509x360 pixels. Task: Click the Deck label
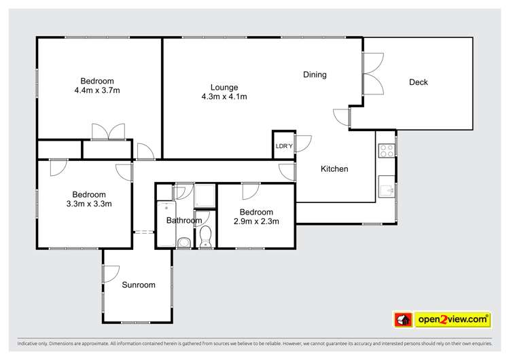tap(418, 82)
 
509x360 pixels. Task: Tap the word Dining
tap(315, 75)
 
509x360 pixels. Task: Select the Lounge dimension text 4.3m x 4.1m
tap(224, 96)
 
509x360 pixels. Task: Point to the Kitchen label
tap(334, 168)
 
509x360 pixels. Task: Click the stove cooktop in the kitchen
tap(386, 150)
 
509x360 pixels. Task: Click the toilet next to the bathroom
tap(206, 236)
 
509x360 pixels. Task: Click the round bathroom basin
tap(183, 242)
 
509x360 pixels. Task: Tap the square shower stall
tap(205, 196)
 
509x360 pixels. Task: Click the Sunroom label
tap(139, 285)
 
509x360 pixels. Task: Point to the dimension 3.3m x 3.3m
tap(89, 203)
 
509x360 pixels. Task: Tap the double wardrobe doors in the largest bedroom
tap(109, 131)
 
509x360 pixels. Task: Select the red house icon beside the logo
tap(403, 319)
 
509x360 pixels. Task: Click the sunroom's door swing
tap(111, 273)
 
